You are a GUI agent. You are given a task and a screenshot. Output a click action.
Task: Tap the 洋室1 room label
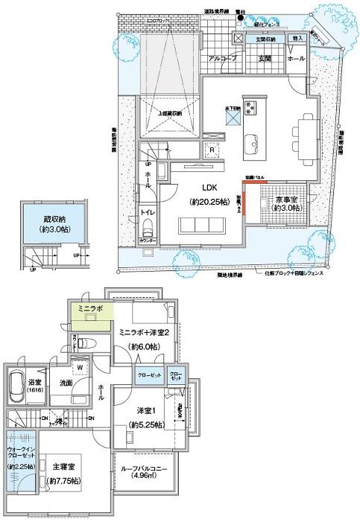click(148, 413)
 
